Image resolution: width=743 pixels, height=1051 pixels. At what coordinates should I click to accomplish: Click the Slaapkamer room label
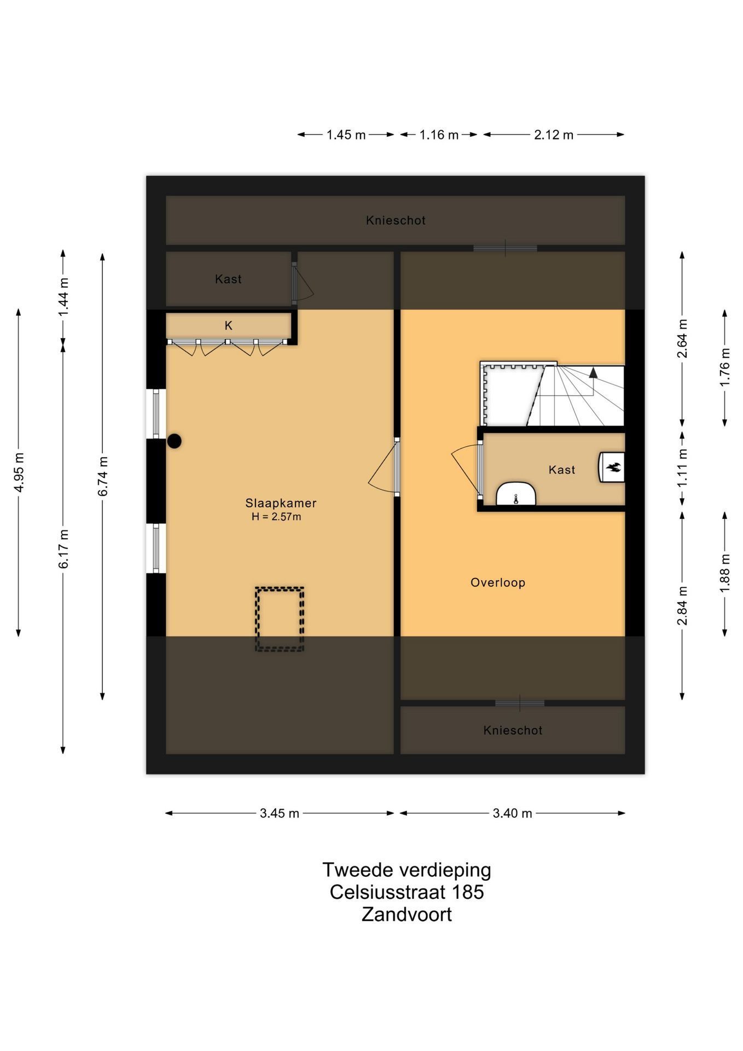coord(281,503)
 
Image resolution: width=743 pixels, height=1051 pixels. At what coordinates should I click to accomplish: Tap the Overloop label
coord(498,582)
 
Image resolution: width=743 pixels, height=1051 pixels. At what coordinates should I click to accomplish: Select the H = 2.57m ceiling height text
coord(276,517)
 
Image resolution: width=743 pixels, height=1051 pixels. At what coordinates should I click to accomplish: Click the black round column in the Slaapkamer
coord(174,441)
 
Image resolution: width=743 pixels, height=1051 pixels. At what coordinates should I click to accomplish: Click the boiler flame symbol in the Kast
coord(613,467)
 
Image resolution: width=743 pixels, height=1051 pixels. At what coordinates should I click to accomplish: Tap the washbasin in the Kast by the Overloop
coord(516,494)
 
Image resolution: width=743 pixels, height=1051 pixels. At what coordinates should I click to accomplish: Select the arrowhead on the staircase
coord(593,373)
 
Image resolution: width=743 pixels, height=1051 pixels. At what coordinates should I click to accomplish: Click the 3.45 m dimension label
coord(280,813)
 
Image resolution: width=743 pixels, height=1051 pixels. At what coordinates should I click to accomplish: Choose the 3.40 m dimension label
coord(512,813)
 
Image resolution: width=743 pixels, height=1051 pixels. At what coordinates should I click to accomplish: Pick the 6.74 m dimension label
coord(103,476)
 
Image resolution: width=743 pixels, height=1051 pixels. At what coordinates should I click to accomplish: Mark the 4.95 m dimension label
coord(19,472)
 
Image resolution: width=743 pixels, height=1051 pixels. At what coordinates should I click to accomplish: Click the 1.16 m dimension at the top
coord(439,135)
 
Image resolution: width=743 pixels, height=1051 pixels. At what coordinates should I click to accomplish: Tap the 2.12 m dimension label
coord(554,135)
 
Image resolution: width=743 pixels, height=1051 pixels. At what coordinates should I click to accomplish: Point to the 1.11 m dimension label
coord(682,469)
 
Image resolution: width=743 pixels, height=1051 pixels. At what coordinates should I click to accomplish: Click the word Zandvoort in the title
coord(407,915)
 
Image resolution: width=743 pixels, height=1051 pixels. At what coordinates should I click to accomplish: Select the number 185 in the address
coord(468,892)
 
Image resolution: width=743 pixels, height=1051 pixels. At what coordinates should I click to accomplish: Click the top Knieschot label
coord(396,221)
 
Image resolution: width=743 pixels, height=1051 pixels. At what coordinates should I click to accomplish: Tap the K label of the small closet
coord(229,326)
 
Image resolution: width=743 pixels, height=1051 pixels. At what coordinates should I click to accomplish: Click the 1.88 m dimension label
coord(725,573)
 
